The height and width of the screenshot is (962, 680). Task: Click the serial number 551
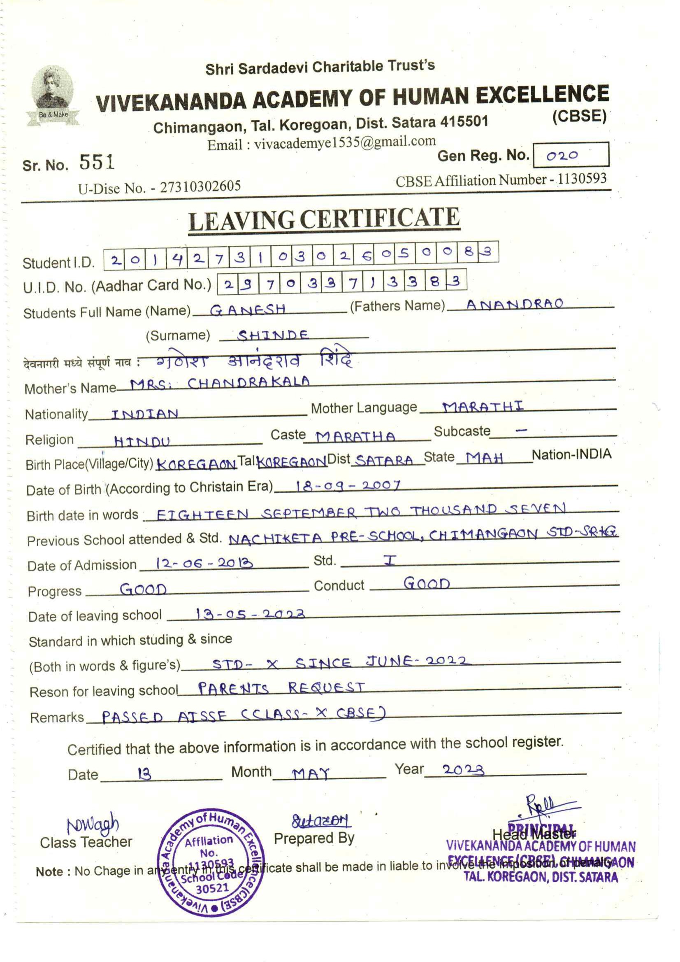97,162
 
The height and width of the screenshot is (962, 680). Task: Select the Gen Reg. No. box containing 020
570,155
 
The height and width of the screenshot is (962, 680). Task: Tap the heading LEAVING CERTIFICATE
324,219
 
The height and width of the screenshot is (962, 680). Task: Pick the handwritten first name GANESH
248,310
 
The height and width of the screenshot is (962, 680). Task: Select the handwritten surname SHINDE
273,335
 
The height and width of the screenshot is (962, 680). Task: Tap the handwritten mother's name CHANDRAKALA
248,383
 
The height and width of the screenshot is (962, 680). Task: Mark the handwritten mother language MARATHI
483,406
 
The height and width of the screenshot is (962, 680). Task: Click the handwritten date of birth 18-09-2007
348,486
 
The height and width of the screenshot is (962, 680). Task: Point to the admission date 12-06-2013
204,563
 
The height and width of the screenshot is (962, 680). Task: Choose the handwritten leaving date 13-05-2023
250,614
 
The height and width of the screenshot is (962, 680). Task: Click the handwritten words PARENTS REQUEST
281,688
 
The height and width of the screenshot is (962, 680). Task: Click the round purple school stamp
211,863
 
